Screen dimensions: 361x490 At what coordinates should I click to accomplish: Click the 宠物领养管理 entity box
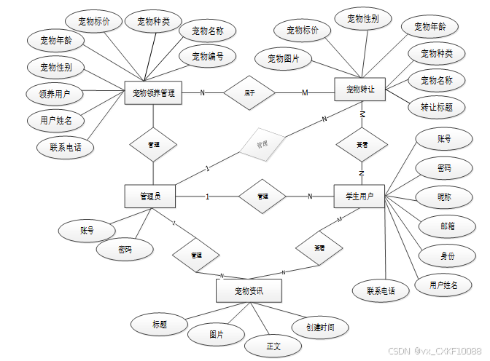[153, 92]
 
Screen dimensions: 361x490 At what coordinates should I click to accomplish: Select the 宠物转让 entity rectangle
[360, 90]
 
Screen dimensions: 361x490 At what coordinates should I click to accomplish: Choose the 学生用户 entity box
[359, 197]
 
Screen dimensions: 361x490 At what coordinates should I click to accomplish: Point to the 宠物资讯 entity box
[249, 292]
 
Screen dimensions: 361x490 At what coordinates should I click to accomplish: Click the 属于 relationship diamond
[249, 92]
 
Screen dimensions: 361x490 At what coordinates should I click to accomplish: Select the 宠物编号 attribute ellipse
[208, 56]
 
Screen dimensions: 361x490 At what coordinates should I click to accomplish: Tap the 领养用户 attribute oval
[50, 94]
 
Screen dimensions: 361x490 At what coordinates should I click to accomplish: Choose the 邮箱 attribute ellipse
[447, 226]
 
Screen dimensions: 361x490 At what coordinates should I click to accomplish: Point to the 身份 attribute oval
[447, 256]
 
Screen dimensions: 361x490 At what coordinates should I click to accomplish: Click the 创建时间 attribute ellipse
[320, 328]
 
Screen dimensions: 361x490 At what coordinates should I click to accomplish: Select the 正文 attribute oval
[273, 345]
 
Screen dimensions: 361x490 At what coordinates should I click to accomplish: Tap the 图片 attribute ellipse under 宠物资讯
[216, 335]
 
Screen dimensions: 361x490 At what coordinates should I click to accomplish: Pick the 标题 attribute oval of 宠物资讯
[160, 324]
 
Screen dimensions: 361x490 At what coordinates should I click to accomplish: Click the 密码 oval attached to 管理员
[125, 250]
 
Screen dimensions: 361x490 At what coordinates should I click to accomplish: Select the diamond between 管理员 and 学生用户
[262, 197]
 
